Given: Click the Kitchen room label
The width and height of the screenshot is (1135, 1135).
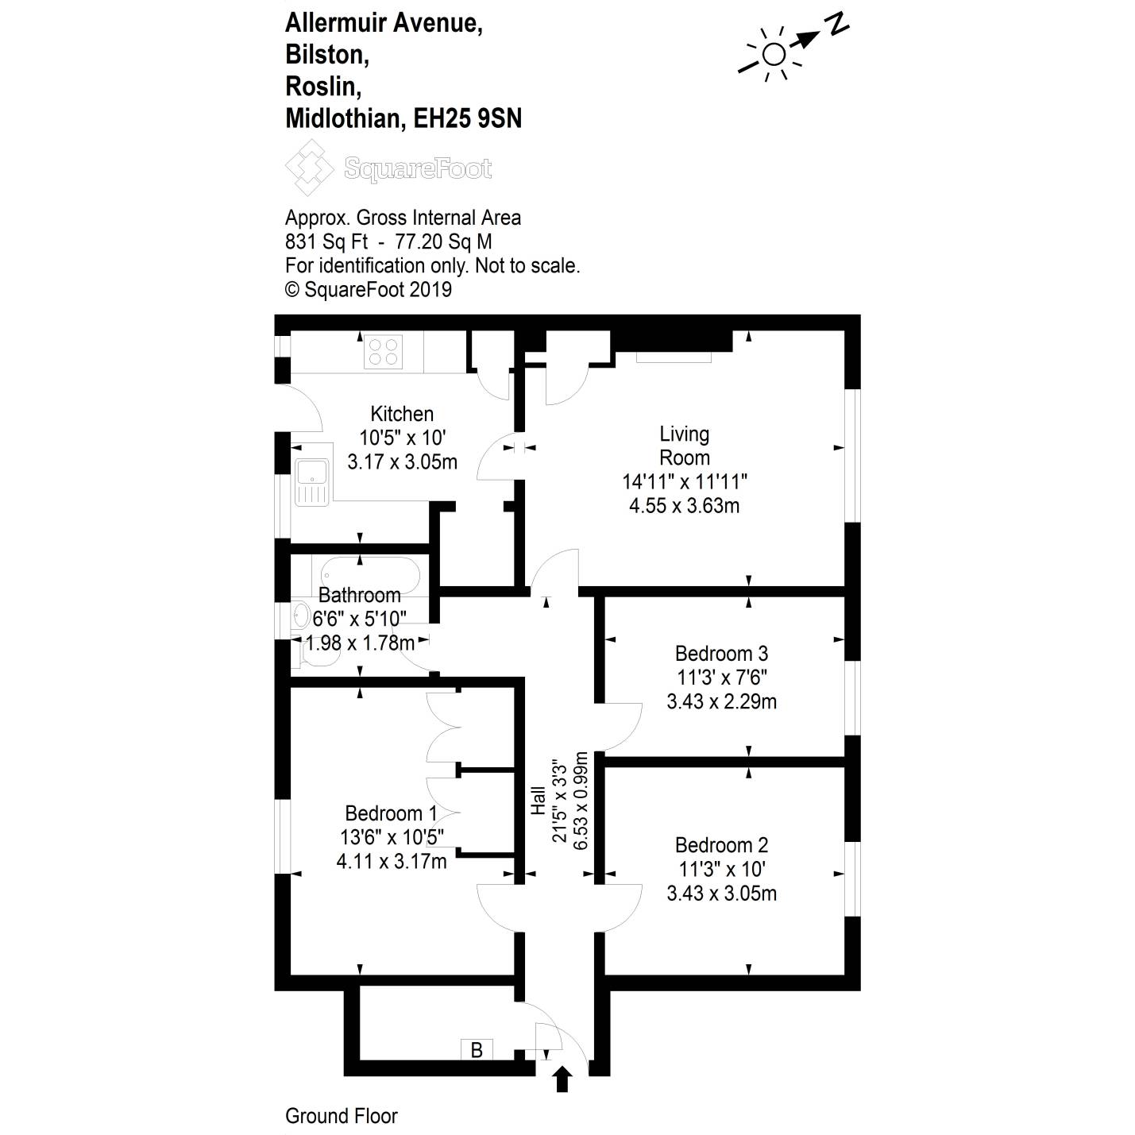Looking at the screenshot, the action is [402, 414].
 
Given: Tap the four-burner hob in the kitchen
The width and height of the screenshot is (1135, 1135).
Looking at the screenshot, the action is [383, 352].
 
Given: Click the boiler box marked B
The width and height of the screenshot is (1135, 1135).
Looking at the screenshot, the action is [477, 1050].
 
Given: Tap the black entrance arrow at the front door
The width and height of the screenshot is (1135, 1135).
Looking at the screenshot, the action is [562, 1079].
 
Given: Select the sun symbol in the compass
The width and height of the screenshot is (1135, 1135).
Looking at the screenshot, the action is [773, 54].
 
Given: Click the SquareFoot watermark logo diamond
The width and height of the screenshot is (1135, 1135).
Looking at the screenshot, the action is [309, 168].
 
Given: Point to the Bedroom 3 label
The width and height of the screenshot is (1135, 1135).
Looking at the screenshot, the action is [721, 654].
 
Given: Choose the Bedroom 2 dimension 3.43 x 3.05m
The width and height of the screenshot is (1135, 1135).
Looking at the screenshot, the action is [721, 894].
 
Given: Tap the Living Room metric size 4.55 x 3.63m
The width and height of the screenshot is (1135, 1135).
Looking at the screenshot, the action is [684, 506].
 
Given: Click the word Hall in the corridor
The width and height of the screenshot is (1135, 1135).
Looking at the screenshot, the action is [539, 800].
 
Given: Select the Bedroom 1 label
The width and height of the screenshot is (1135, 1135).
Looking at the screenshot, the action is [391, 813].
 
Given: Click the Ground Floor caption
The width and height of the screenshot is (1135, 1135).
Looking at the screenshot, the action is [341, 1116].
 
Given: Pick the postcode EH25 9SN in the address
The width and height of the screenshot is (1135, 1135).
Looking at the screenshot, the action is [468, 119].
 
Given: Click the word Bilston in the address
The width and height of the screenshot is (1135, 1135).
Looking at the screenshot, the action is [326, 55].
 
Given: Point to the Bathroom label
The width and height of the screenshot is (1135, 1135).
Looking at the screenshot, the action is [359, 595].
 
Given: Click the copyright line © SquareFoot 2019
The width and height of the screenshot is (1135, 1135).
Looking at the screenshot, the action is [368, 290].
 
